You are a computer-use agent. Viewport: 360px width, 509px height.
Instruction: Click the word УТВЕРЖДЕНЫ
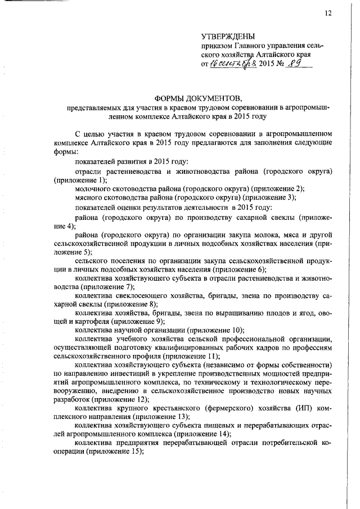[x=228, y=37]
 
